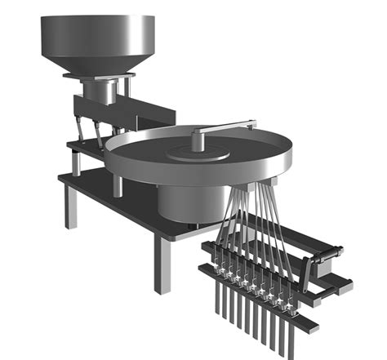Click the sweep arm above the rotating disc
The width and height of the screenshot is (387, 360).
220,127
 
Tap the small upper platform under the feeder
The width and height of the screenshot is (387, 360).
87,147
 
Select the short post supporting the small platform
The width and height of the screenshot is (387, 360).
75,163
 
